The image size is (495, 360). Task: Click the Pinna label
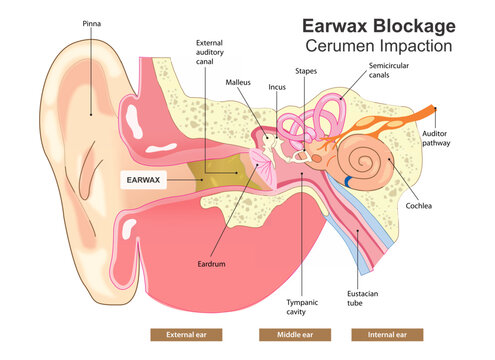pyautogui.click(x=92, y=22)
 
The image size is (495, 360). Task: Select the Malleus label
pyautogui.click(x=238, y=82)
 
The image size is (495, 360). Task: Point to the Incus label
pyautogui.click(x=277, y=87)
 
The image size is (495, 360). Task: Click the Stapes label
pyautogui.click(x=306, y=71)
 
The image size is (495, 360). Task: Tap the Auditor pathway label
pyautogui.click(x=437, y=137)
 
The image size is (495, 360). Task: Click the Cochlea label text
pyautogui.click(x=418, y=207)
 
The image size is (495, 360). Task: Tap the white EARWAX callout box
pyautogui.click(x=143, y=179)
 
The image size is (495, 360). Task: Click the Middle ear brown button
pyautogui.click(x=287, y=335)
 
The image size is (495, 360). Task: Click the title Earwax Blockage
pyautogui.click(x=378, y=24)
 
